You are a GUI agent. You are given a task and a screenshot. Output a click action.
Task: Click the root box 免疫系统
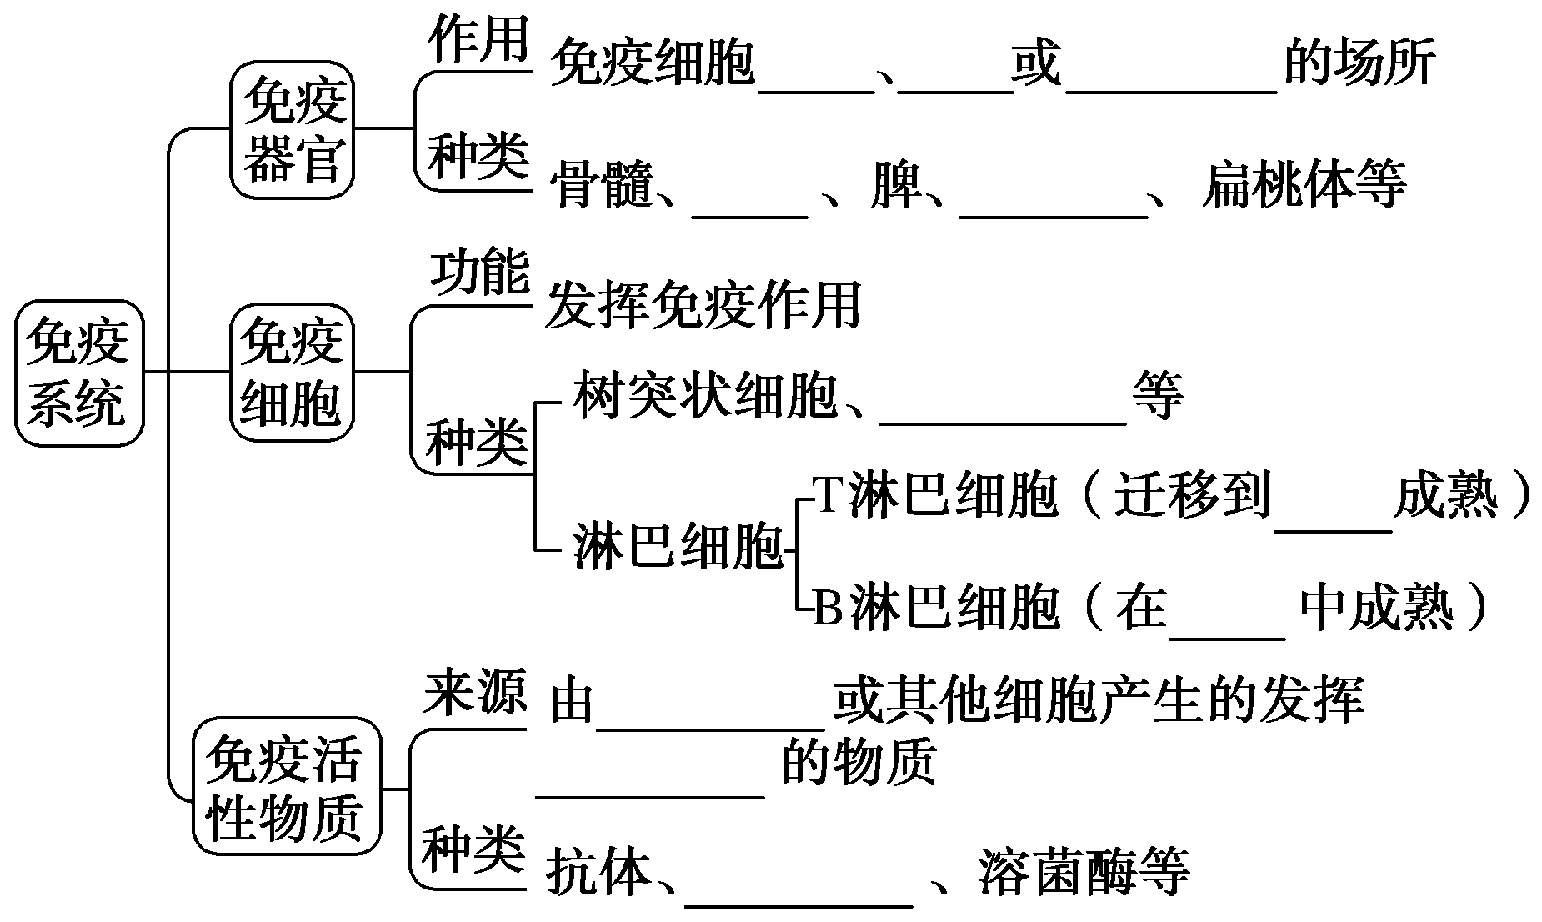pos(78,373)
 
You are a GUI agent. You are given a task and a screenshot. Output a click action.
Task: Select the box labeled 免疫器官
pos(293,129)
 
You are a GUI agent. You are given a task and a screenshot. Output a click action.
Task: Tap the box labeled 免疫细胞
pos(292,373)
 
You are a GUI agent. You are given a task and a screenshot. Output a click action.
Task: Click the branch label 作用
pos(478,39)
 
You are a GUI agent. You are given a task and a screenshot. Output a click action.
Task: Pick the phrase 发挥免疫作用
pos(702,305)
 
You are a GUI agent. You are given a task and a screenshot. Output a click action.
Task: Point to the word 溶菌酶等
pos(1084,872)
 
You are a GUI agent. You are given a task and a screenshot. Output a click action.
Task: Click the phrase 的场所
pos(1359,63)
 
